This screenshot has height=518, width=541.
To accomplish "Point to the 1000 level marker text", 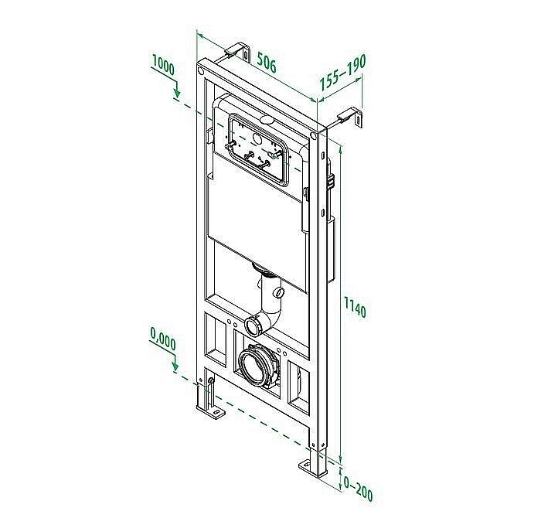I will [163, 66].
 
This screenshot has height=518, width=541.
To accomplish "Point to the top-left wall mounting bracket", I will [240, 53].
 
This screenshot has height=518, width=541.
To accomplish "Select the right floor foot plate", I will [315, 467].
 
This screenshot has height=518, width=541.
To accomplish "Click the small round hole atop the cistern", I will [266, 121].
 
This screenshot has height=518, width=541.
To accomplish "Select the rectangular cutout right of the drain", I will [298, 380].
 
